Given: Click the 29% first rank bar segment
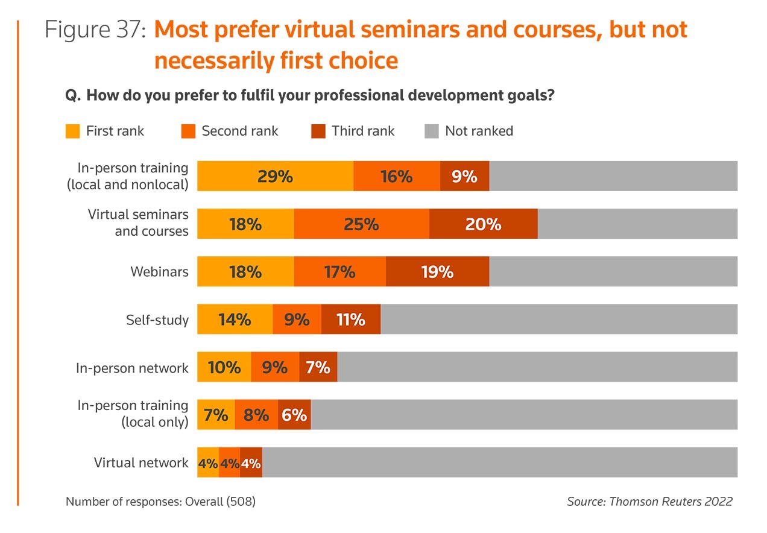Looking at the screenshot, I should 275,176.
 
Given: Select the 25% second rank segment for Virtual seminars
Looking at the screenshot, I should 362,224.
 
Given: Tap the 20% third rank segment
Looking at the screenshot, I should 483,224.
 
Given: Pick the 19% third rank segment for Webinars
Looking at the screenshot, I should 437,271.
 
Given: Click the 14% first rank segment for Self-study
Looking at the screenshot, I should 235,319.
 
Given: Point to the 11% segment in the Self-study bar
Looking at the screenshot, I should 351,319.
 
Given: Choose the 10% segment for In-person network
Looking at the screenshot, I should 224,367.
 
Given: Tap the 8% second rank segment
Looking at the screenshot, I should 256,414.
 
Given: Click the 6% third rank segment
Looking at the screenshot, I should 294,414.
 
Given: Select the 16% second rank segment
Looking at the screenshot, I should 396,176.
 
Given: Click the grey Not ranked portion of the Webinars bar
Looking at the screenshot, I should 613,271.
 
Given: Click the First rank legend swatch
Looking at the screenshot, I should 72,131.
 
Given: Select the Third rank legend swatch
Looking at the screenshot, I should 318,131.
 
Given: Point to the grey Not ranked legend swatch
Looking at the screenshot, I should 431,131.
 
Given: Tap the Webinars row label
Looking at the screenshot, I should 159,272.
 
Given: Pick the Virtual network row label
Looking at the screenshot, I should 141,462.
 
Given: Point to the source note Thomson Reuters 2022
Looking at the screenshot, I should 649,501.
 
